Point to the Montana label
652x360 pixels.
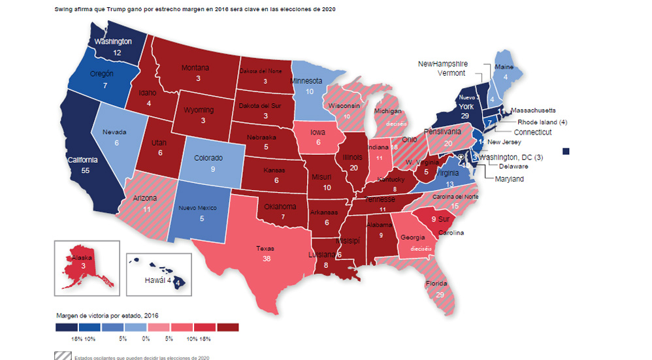tap(195, 68)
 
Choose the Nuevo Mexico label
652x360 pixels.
tap(201, 208)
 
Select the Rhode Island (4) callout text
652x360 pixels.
tap(542, 122)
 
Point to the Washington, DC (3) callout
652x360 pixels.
tap(511, 157)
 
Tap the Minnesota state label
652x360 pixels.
tap(307, 81)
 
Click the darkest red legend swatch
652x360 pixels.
tap(228, 327)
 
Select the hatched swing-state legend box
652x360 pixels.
tap(63, 357)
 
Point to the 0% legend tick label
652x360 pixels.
tap(146, 338)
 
